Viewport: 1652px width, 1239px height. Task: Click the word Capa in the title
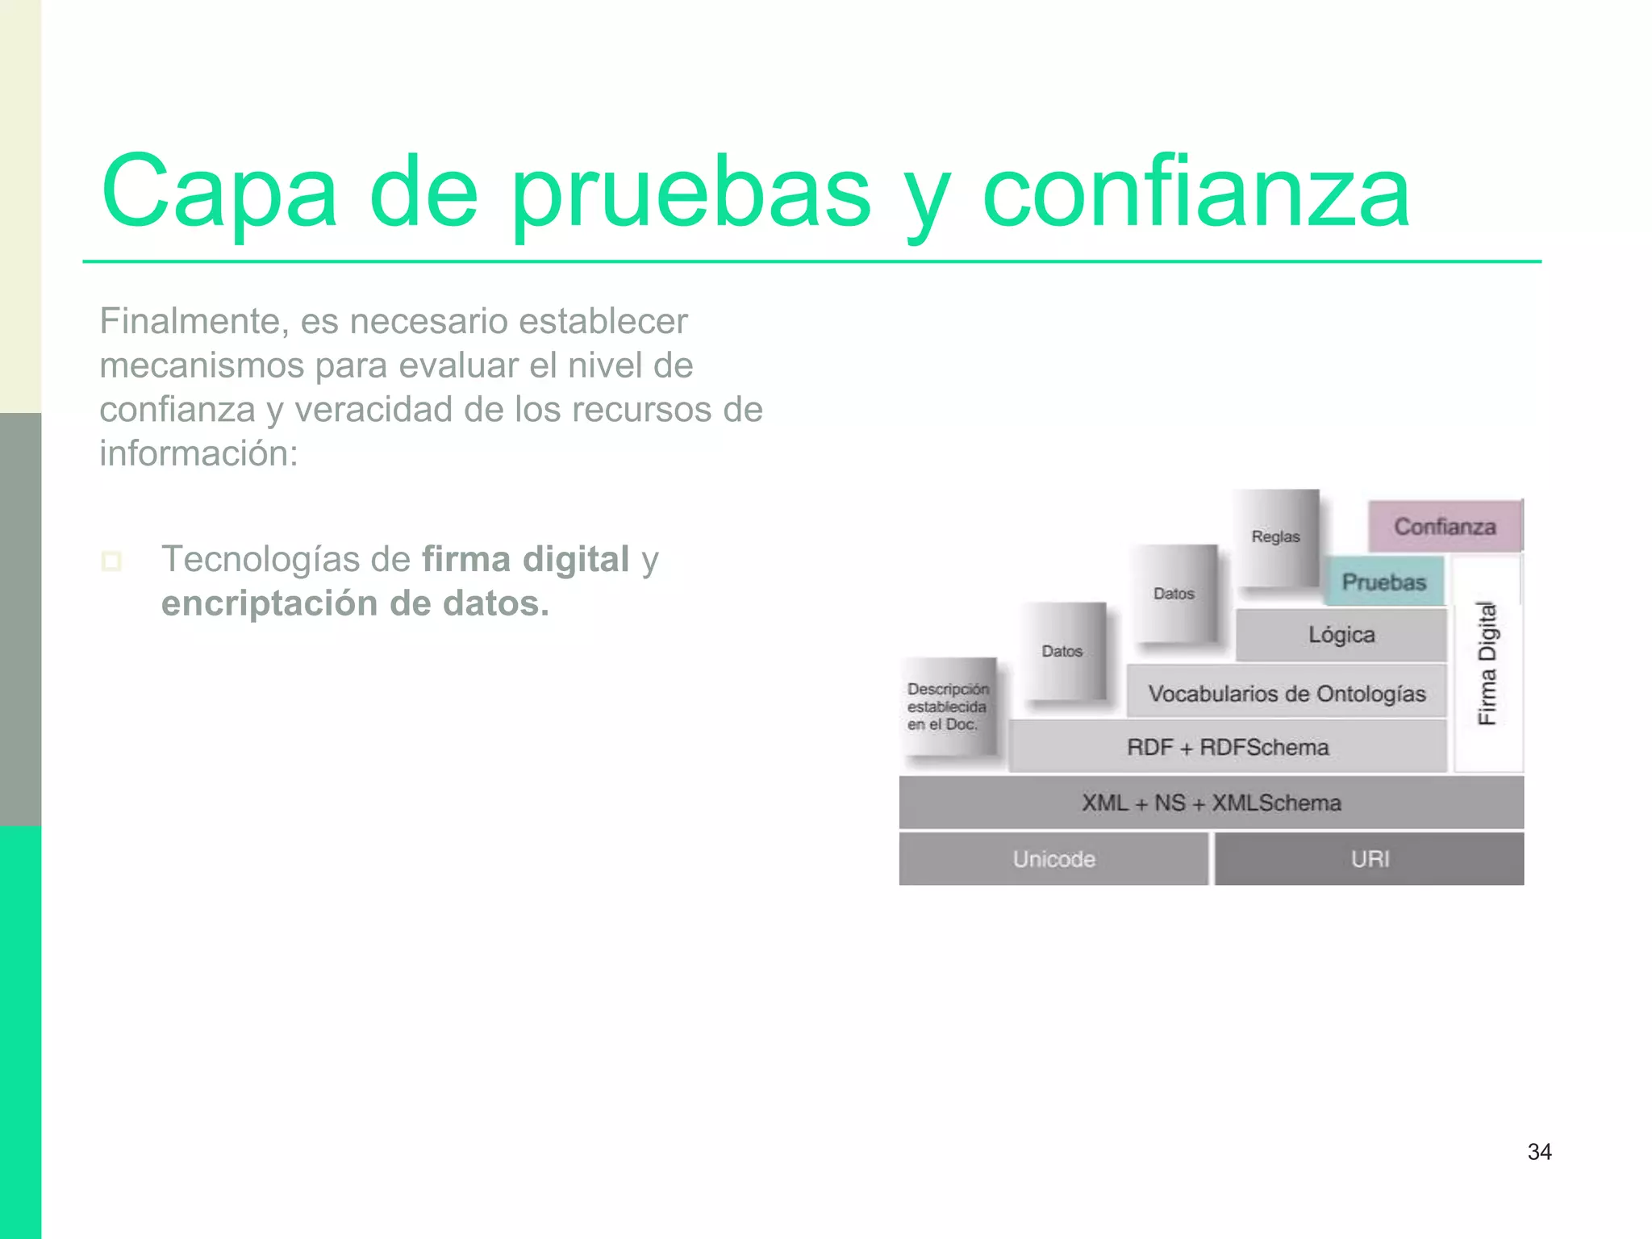tap(218, 194)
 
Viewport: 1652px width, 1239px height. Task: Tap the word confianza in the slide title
tap(1195, 194)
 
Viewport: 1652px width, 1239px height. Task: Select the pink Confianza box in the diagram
tap(1445, 527)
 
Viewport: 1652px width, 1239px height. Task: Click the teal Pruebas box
tap(1384, 582)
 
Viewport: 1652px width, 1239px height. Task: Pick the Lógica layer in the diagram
tap(1341, 635)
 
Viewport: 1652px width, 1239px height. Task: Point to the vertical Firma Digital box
tap(1487, 663)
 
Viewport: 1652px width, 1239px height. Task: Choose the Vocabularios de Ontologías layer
tap(1287, 693)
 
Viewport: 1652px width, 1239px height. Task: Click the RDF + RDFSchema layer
tap(1228, 747)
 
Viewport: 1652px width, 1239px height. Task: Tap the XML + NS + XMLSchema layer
tap(1211, 803)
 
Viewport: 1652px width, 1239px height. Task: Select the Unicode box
tap(1053, 859)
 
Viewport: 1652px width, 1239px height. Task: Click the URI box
tap(1370, 859)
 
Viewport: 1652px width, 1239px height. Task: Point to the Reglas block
tap(1276, 536)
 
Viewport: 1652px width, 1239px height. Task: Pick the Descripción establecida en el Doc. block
tap(948, 707)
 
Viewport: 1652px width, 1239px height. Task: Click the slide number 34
tap(1539, 1152)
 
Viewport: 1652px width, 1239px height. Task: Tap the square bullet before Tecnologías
tap(112, 561)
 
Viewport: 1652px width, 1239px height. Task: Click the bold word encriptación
tap(267, 603)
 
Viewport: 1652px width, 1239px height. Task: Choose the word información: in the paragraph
tap(199, 453)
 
